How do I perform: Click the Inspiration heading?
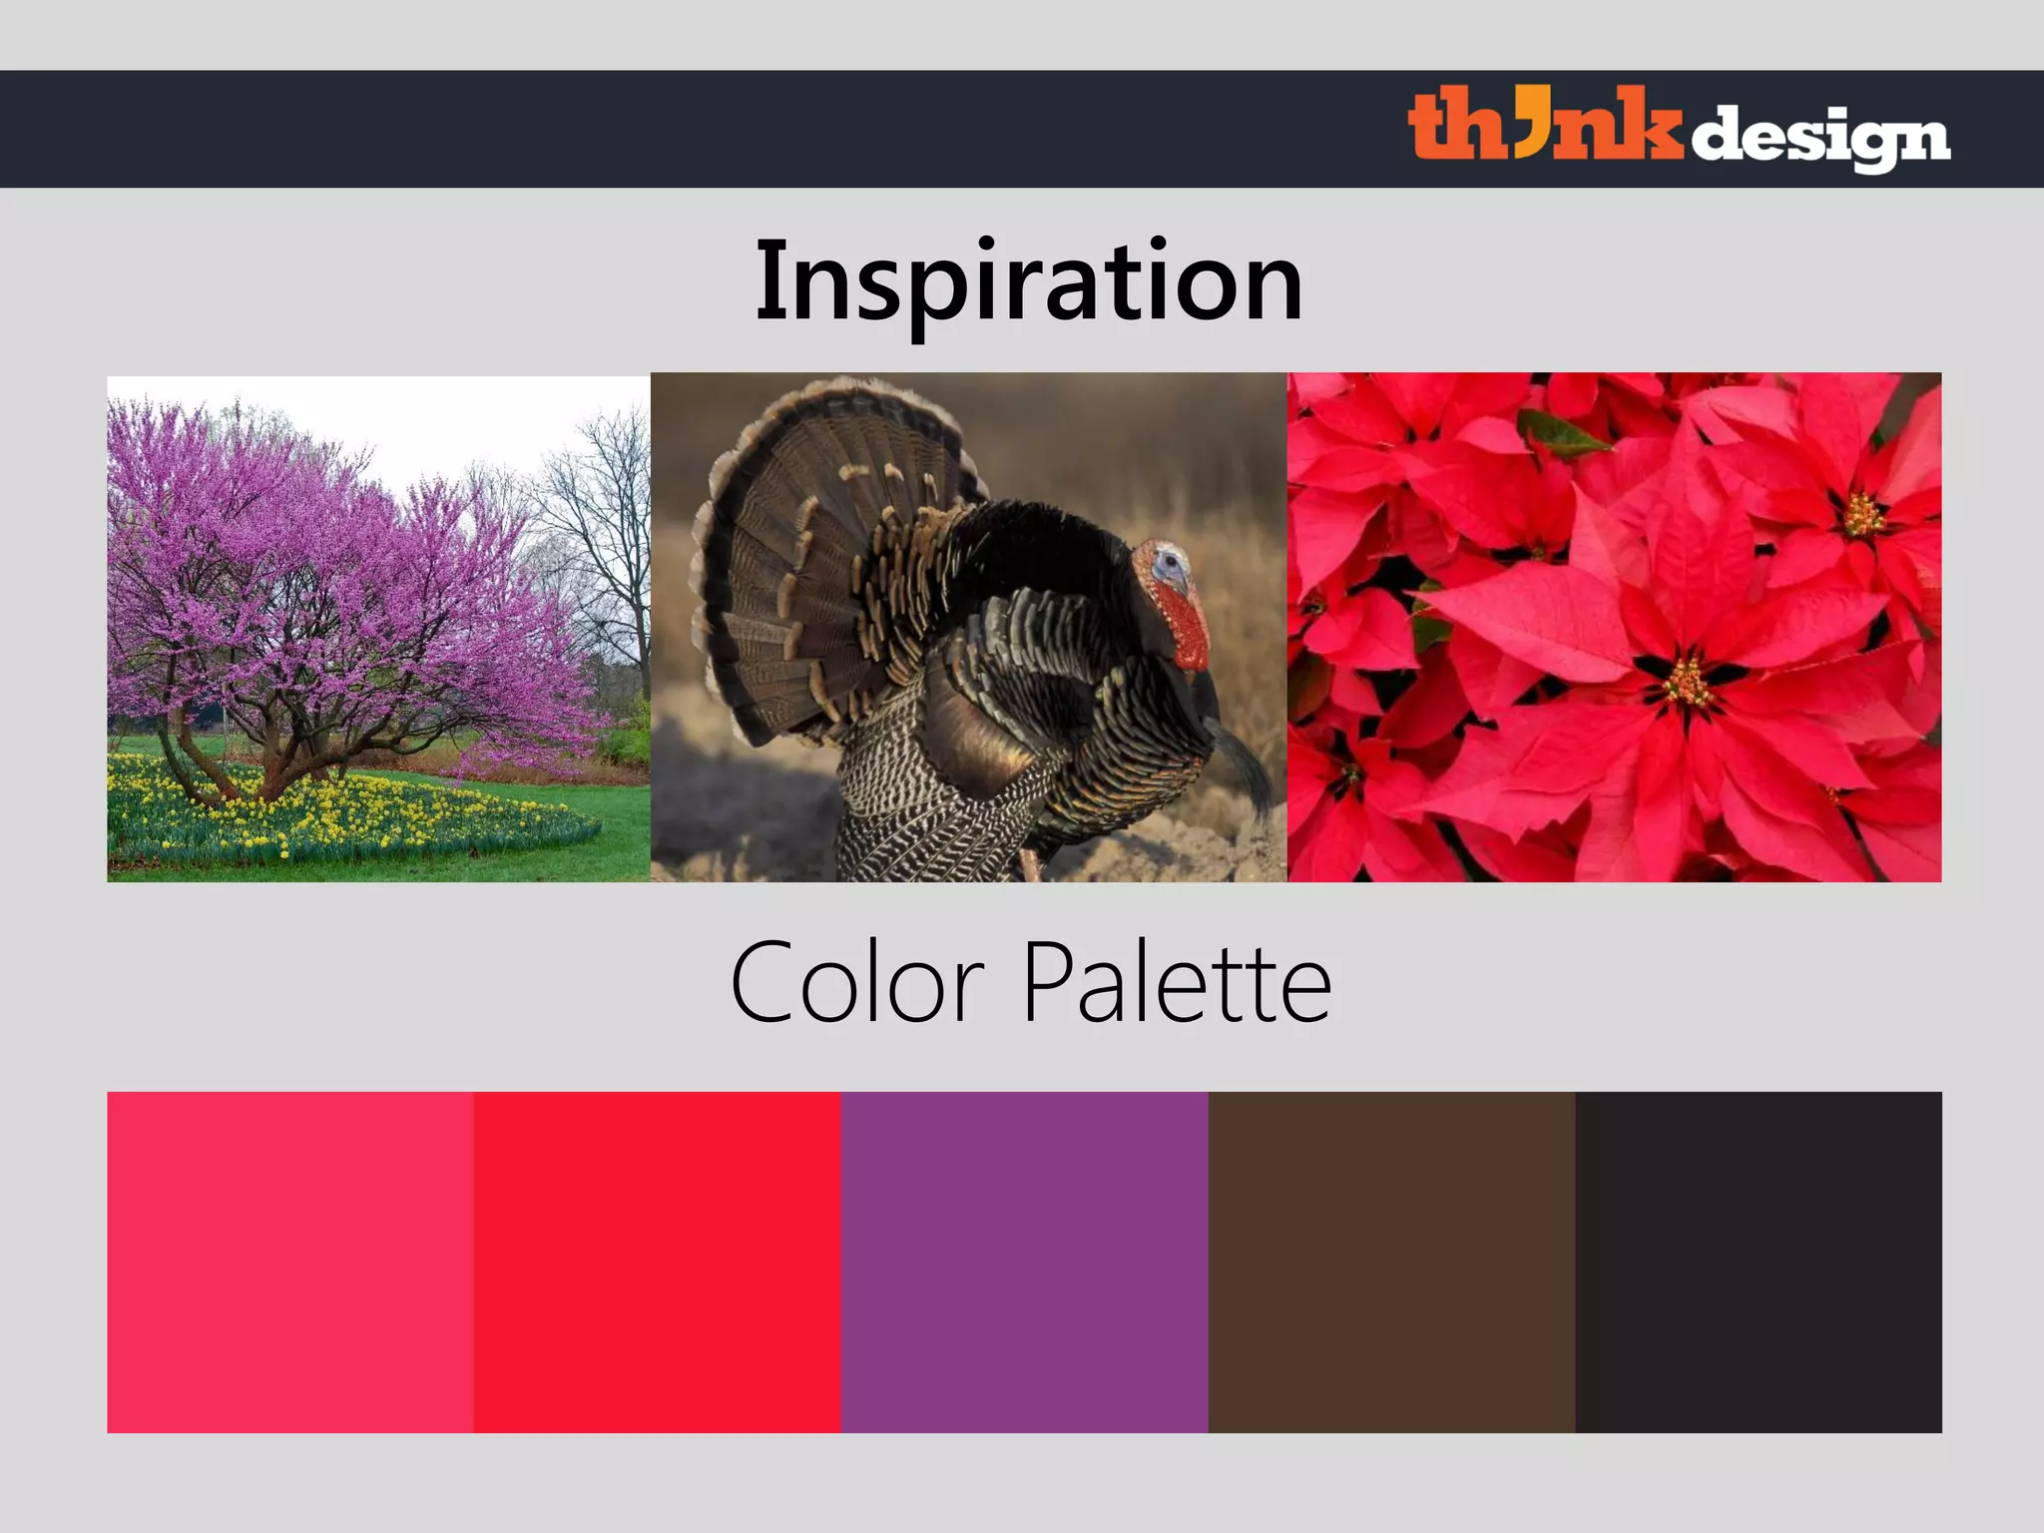pos(1029,281)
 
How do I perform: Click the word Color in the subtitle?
pos(857,983)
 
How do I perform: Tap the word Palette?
pos(1178,983)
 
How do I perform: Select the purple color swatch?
pos(1024,1262)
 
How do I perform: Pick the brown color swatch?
pos(1391,1262)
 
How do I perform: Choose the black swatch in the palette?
pos(1759,1262)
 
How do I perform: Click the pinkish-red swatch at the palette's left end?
pos(289,1262)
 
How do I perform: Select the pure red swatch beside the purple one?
pos(657,1262)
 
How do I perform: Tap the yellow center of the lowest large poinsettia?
pos(1687,684)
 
